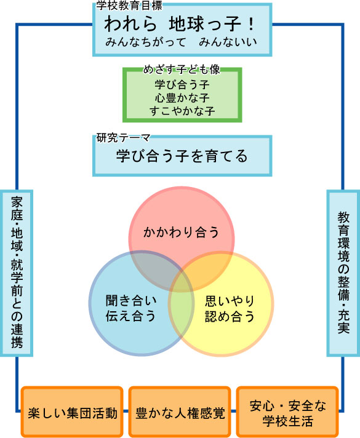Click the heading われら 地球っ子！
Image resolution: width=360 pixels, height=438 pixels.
coord(180,23)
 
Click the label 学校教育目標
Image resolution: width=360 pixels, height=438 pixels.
coord(129,6)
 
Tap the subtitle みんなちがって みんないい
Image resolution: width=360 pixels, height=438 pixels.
coord(181,42)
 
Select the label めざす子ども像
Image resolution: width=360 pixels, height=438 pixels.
coord(182,70)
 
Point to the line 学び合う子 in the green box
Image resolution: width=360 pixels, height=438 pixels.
coord(182,84)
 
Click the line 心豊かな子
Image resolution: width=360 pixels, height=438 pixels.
coord(182,98)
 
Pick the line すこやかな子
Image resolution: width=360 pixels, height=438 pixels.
coord(182,111)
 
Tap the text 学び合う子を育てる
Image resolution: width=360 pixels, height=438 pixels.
coord(182,156)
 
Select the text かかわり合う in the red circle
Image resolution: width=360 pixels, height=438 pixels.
coord(181,233)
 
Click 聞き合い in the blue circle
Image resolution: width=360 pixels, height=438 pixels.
coord(131,301)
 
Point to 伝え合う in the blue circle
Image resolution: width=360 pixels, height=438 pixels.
coord(130,316)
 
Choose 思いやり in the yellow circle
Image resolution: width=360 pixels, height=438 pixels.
coord(230,301)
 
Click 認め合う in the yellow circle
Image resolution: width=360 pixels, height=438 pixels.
coord(230,316)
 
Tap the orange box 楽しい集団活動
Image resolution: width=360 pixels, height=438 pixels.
coord(72,412)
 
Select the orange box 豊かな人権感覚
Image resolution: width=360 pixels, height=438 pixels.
coord(180,412)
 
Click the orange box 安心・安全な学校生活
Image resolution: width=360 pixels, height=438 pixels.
coord(287,412)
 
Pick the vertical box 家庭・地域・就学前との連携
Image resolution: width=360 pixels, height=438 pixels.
coord(17,273)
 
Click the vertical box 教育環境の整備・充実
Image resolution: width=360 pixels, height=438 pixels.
coord(343,273)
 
